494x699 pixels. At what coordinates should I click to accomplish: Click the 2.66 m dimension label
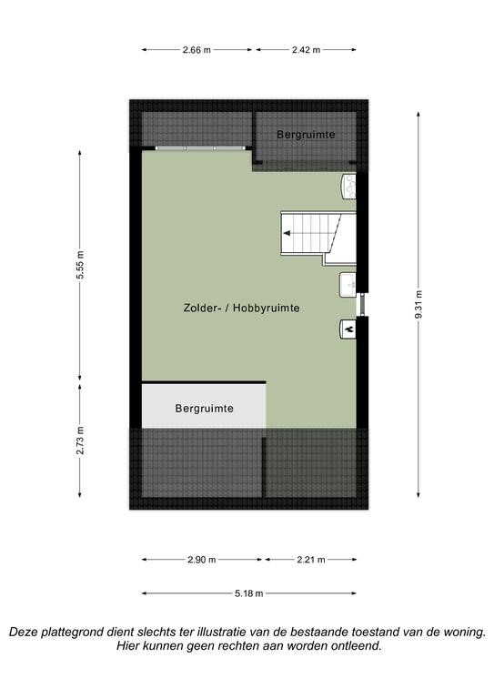(x=197, y=50)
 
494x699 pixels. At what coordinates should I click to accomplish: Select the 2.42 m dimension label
(x=306, y=50)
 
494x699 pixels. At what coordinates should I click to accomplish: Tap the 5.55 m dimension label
(x=80, y=265)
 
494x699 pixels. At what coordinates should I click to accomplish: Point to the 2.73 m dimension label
(x=80, y=441)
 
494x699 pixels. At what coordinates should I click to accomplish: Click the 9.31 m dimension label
(x=418, y=305)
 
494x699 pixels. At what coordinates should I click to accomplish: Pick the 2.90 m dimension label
(x=202, y=560)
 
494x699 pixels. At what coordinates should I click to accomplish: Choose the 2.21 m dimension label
(x=311, y=560)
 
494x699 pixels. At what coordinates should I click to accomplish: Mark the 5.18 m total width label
(x=249, y=593)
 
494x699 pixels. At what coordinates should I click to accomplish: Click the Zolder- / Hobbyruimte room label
(x=241, y=308)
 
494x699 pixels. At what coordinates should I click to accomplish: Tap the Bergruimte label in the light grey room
(x=204, y=409)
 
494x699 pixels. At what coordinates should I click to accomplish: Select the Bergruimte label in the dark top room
(x=306, y=134)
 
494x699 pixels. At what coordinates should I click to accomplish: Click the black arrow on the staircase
(x=287, y=233)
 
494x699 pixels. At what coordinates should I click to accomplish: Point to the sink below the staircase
(x=348, y=285)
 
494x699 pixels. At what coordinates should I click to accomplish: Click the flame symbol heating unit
(x=348, y=329)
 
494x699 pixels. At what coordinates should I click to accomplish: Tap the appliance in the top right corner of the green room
(x=349, y=186)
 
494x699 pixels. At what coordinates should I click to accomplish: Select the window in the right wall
(x=363, y=305)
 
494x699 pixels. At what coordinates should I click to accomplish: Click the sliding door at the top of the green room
(x=200, y=148)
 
